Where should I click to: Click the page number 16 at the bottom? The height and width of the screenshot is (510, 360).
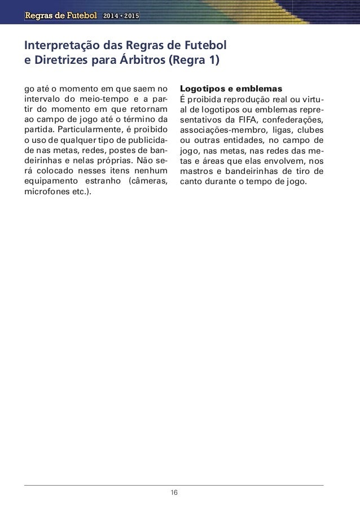point(174,492)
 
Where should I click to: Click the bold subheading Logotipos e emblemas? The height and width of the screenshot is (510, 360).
point(230,89)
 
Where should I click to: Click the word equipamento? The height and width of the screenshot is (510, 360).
point(50,181)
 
